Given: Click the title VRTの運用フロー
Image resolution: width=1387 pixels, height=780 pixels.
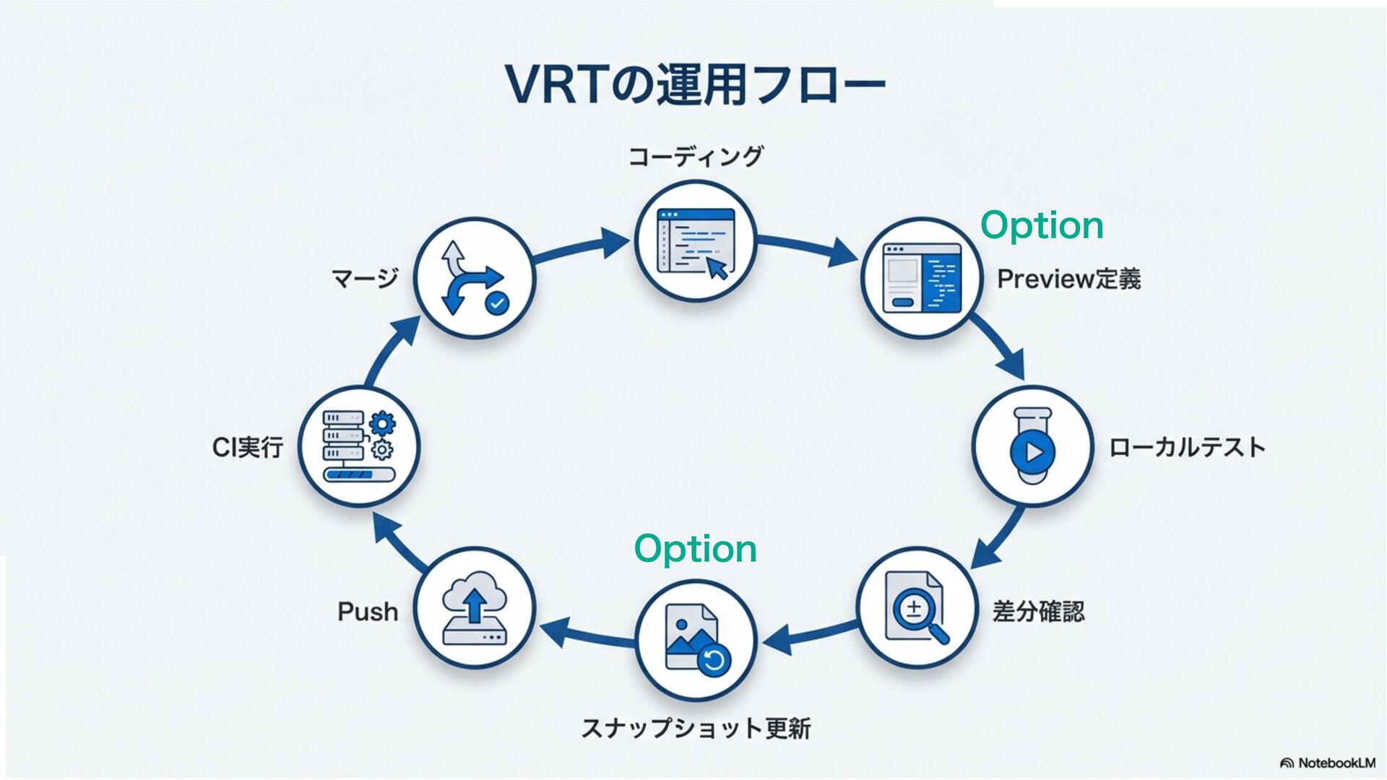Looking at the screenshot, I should click(x=695, y=85).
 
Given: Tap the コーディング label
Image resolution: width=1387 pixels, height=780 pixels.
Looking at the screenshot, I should click(x=695, y=156).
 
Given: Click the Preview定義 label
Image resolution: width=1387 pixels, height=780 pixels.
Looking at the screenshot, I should click(x=1068, y=279).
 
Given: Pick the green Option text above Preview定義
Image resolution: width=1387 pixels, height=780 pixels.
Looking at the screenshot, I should click(x=1042, y=225).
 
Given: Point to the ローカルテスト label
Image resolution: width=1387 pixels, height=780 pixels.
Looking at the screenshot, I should click(x=1187, y=447).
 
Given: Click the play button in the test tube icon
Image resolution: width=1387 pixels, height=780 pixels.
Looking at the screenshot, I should click(x=1033, y=452).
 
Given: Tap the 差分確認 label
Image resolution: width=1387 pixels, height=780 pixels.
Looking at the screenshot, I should click(x=1038, y=612).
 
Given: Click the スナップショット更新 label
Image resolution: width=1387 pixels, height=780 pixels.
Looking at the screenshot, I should click(x=696, y=728).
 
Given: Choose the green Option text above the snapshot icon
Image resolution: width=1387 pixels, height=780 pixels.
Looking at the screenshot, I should click(x=695, y=549).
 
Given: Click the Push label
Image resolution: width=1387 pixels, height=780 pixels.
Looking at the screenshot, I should click(x=368, y=612).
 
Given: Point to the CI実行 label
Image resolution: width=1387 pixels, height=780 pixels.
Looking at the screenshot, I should click(x=247, y=448).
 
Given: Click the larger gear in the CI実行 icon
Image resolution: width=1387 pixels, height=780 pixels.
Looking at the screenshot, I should click(x=382, y=423).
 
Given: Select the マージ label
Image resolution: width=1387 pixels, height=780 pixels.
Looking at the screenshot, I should click(x=365, y=278).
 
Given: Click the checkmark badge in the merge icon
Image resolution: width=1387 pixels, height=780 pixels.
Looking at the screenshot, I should click(x=497, y=303).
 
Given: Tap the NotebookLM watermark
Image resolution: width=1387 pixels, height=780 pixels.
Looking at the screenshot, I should click(x=1328, y=763).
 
